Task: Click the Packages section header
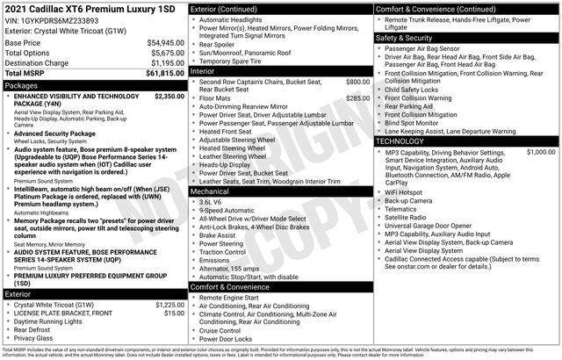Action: (x=22, y=86)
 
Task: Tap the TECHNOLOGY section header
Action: (x=400, y=140)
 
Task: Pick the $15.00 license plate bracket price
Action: (x=174, y=313)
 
